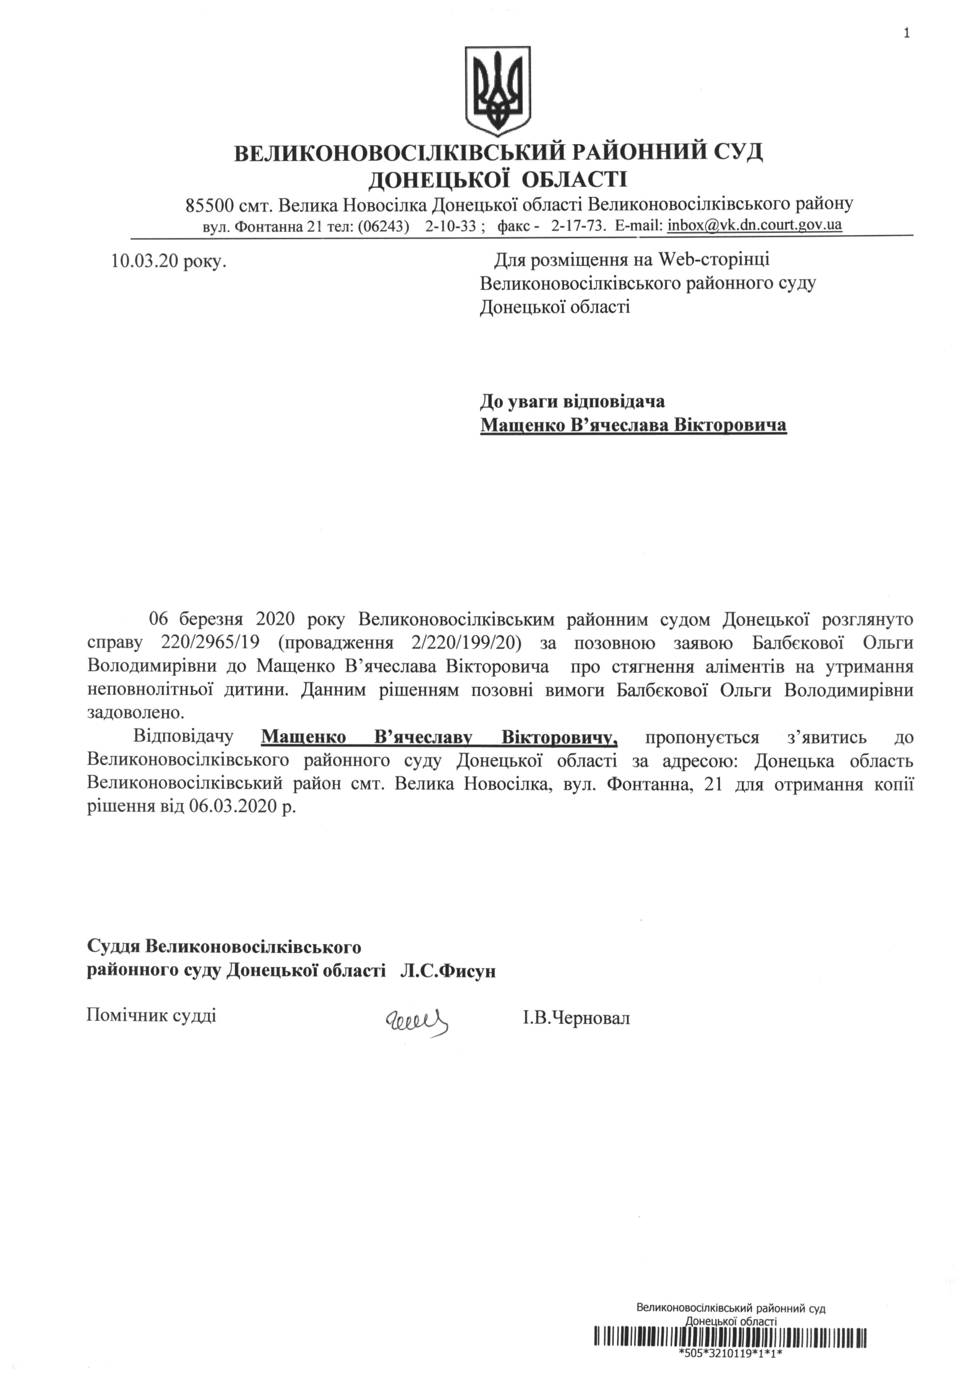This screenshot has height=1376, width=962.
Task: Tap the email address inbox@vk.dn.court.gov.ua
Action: click(x=754, y=226)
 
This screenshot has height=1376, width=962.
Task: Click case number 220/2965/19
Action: click(x=209, y=642)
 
